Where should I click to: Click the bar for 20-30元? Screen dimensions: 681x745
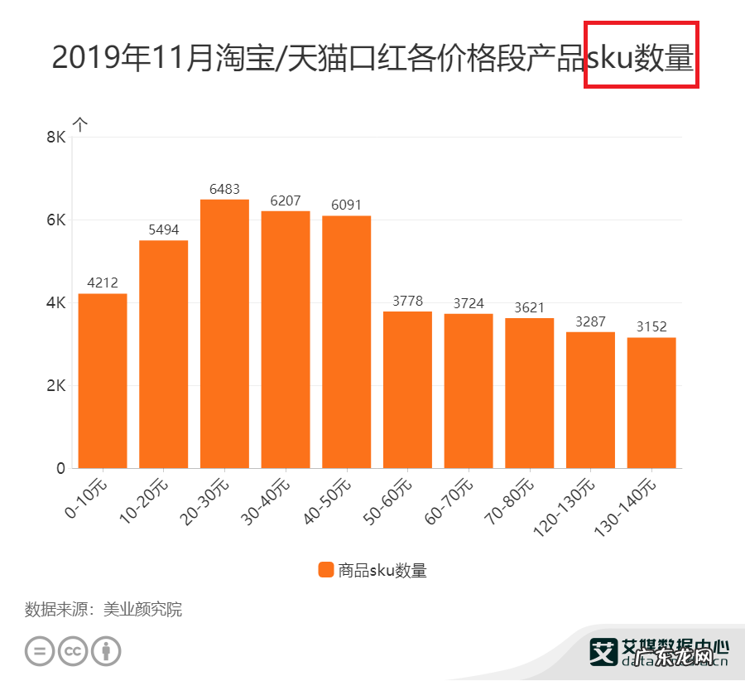coord(224,334)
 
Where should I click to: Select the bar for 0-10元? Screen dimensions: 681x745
coord(103,381)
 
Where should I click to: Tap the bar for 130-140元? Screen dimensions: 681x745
coord(651,403)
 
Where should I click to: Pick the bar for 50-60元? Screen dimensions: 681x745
coord(407,389)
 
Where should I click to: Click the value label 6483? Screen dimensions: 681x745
coord(224,190)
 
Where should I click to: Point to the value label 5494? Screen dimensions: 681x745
coord(164,230)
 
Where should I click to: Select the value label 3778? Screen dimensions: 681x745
coord(407,302)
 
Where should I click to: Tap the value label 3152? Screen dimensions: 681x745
coord(651,327)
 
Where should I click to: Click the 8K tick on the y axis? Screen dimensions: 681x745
coord(55,138)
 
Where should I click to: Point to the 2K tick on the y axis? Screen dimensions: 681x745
coord(55,386)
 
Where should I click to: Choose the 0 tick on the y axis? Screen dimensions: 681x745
coord(60,469)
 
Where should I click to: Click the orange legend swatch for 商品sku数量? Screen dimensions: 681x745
coord(325,570)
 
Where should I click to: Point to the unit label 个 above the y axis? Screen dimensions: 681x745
coord(80,124)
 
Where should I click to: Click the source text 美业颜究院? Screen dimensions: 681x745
coord(142,611)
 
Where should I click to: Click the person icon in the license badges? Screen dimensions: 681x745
coord(106,651)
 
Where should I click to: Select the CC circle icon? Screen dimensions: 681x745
coord(73,651)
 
